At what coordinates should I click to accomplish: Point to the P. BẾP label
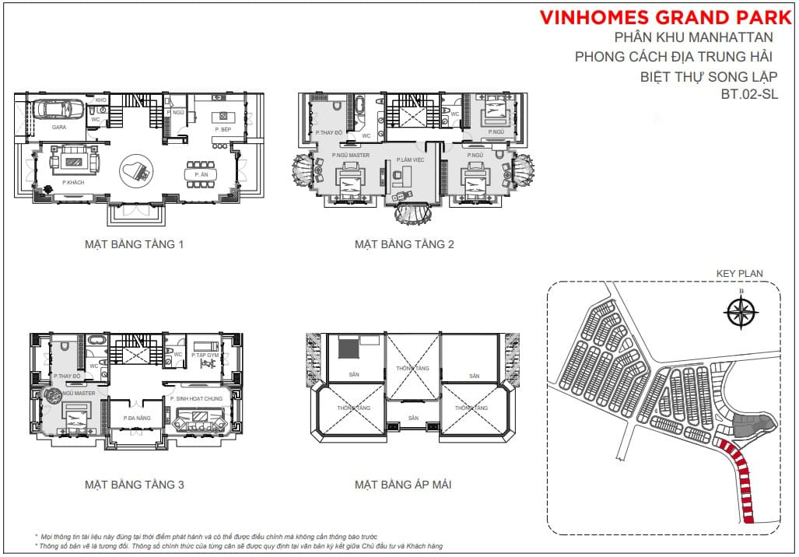tap(222, 128)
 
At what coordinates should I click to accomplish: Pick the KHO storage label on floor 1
tap(100, 100)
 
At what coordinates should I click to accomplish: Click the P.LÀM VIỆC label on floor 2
tap(401, 159)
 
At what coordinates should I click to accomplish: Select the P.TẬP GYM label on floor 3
tap(205, 354)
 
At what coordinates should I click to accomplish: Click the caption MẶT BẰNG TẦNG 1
tap(134, 244)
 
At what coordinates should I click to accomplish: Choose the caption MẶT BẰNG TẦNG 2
tap(404, 244)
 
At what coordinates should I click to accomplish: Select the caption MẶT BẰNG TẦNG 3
tap(134, 485)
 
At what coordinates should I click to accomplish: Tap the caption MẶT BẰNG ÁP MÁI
tap(403, 485)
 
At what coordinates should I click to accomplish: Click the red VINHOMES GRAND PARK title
tap(668, 16)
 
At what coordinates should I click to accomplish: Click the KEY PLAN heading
tap(739, 274)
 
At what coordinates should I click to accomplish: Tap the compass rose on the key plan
tap(741, 312)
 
